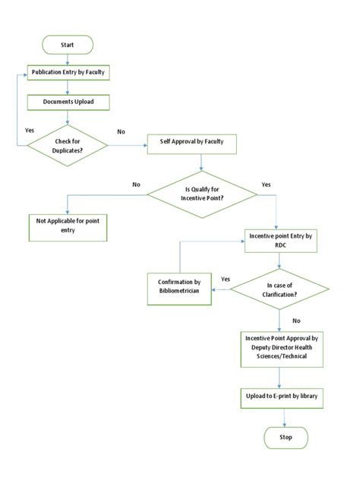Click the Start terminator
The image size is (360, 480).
68,46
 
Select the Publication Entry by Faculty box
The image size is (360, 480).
68,72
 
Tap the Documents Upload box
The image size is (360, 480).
68,99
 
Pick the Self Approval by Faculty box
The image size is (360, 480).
196,142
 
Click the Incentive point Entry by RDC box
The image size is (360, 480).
282,240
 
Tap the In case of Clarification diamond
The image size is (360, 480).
279,289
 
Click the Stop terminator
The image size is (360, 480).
286,438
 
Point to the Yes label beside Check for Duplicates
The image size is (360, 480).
30,130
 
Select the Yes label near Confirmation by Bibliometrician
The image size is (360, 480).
225,279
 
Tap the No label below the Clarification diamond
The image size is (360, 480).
295,320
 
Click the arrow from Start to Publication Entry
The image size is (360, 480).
68,59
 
